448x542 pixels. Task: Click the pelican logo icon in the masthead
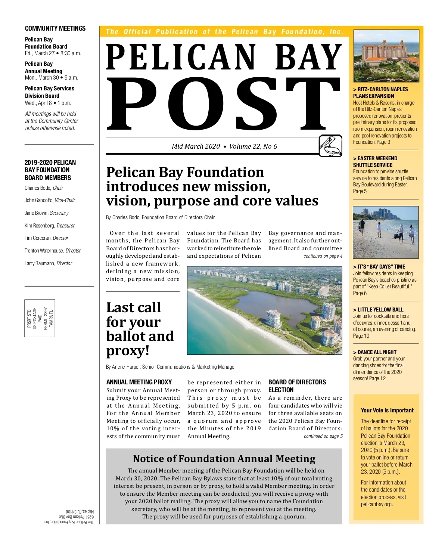(x=330, y=146)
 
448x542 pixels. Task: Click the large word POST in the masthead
(x=223, y=103)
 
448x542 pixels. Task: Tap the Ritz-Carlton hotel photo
(x=386, y=56)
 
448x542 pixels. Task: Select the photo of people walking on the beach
(x=386, y=232)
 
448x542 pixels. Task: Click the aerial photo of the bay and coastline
(x=264, y=310)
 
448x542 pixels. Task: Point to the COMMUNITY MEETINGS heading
(x=55, y=28)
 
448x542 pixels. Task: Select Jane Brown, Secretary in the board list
(x=47, y=213)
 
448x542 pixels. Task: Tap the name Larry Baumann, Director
(x=48, y=263)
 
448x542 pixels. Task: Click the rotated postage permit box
(x=40, y=318)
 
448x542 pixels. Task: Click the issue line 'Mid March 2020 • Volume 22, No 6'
(x=224, y=146)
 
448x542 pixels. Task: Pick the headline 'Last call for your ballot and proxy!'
(x=140, y=329)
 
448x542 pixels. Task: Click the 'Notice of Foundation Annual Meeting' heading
(x=224, y=459)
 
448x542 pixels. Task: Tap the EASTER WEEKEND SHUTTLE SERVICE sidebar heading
(x=375, y=162)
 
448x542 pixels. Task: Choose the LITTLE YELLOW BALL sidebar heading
(x=378, y=310)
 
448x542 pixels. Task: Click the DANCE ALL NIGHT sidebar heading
(x=375, y=352)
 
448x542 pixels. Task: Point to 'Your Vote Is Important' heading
(x=387, y=410)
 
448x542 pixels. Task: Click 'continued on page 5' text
(x=323, y=436)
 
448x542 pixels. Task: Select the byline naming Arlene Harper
(x=171, y=367)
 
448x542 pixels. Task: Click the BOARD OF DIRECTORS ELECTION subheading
(x=297, y=386)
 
